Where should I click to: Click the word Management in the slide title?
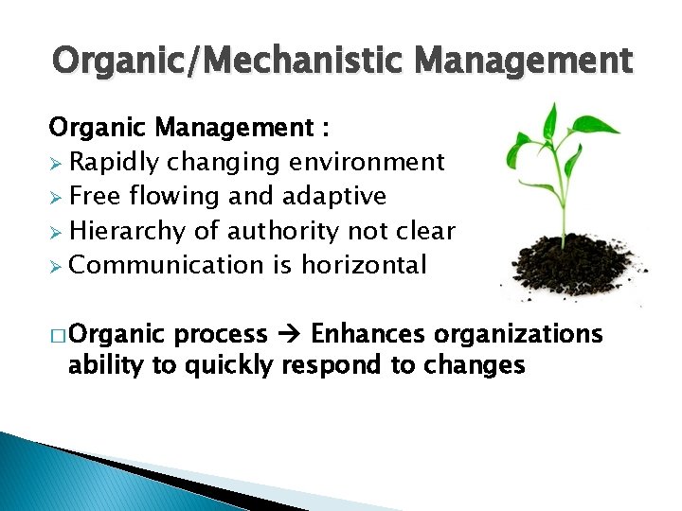pyautogui.click(x=523, y=62)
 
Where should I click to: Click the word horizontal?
pyautogui.click(x=364, y=264)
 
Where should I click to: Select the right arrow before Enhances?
pyautogui.click(x=289, y=334)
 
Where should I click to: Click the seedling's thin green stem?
pyautogui.click(x=565, y=203)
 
